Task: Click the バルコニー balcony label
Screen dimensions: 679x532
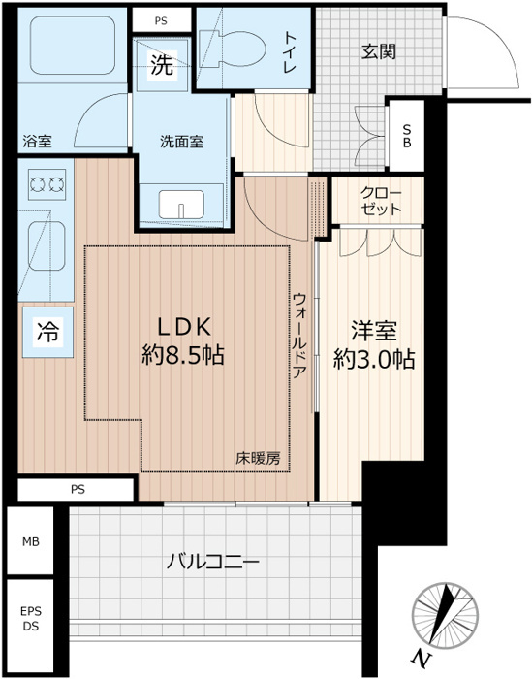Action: pos(212,562)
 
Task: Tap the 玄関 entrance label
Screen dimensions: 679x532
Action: pos(379,52)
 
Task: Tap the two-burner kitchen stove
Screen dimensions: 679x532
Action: pos(46,182)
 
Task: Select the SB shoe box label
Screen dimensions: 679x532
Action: pos(406,133)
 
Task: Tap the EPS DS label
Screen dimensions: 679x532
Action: pos(32,618)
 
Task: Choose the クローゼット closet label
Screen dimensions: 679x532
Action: pos(379,200)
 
